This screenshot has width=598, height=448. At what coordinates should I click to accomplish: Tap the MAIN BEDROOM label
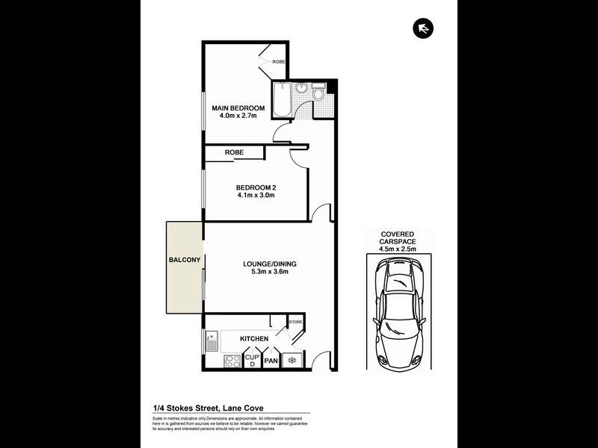click(238, 108)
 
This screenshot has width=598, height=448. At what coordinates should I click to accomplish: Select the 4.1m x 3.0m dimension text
click(255, 196)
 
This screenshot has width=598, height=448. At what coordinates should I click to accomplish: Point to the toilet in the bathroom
click(318, 94)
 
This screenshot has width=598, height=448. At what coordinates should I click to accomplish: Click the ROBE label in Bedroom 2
click(234, 153)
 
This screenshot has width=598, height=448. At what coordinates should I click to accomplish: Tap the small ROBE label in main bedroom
click(278, 61)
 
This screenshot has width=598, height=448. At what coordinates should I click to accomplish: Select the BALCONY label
click(184, 260)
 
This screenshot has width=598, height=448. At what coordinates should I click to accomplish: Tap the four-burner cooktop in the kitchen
click(232, 361)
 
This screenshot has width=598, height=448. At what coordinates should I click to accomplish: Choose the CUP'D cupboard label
click(252, 361)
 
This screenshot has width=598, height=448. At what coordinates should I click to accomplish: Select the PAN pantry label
click(271, 361)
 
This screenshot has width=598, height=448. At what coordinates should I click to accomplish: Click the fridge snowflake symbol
click(292, 361)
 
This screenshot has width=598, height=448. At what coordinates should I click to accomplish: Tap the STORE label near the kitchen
click(296, 322)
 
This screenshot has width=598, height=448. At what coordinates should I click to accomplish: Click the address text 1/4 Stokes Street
click(207, 408)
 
